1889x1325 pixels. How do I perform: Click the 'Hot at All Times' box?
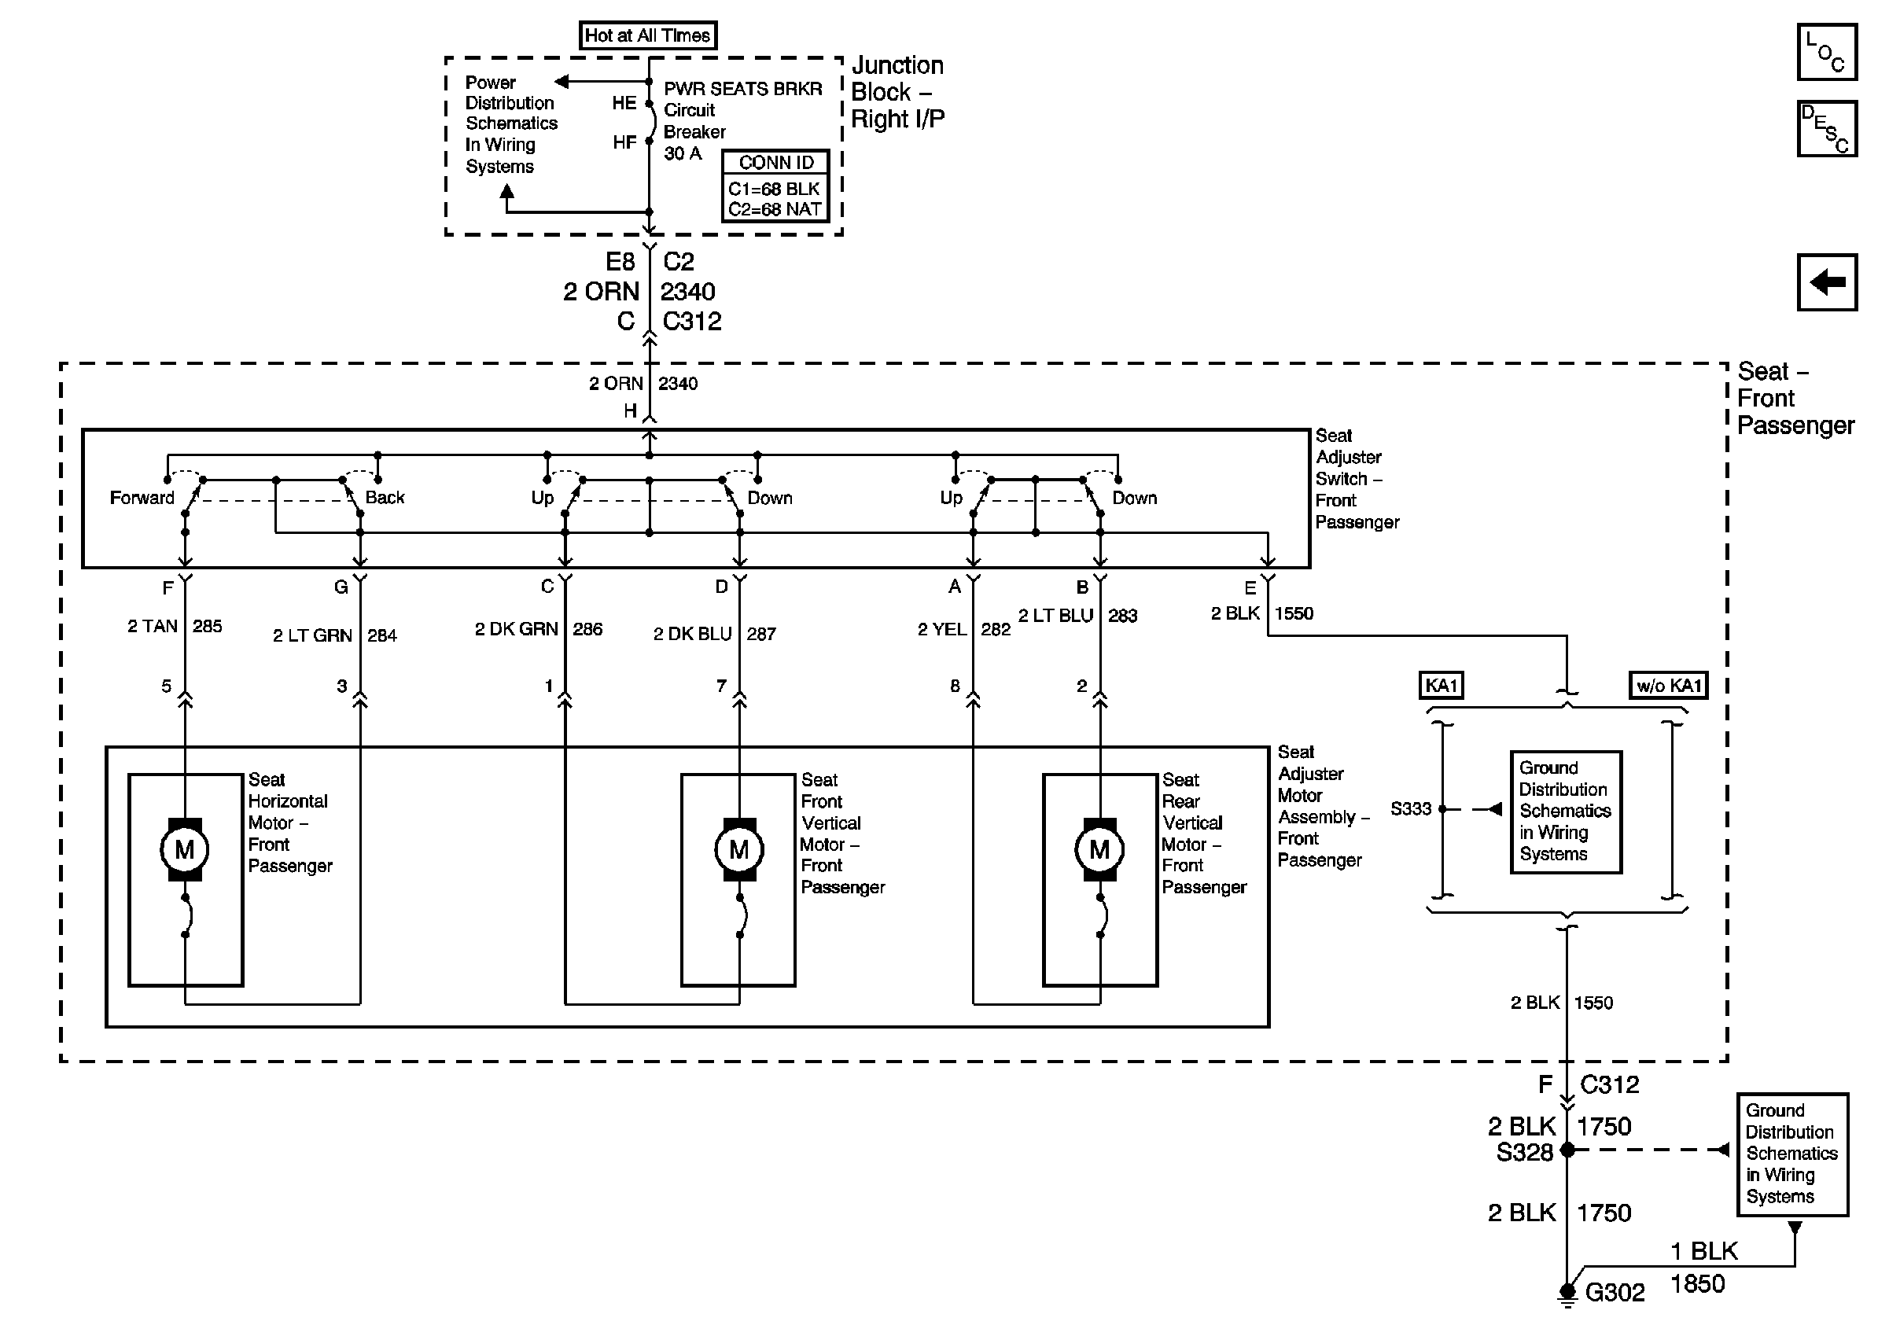(x=647, y=35)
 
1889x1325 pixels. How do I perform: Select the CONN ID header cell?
(x=775, y=162)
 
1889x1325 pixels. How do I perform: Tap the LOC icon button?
(x=1826, y=52)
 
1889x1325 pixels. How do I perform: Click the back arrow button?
(x=1826, y=282)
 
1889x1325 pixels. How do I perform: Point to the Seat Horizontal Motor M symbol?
(x=185, y=848)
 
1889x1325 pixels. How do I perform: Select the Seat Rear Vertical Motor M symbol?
(x=1100, y=848)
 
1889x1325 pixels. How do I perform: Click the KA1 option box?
(x=1442, y=685)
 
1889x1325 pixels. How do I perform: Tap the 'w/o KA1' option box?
(x=1669, y=685)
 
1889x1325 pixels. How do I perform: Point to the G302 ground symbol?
(x=1567, y=1294)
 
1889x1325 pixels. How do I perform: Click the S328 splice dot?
(x=1567, y=1149)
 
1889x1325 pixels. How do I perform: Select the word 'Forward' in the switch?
(x=142, y=498)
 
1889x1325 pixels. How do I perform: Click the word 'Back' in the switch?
(x=385, y=498)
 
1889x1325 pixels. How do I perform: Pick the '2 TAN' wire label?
(x=153, y=626)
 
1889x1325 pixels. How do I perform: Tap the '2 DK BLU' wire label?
(x=693, y=633)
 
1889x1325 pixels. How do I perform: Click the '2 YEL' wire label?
(x=942, y=629)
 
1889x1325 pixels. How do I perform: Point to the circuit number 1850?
(x=1697, y=1284)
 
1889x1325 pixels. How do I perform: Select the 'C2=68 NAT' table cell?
(x=775, y=210)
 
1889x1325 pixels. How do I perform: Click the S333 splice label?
(x=1411, y=808)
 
